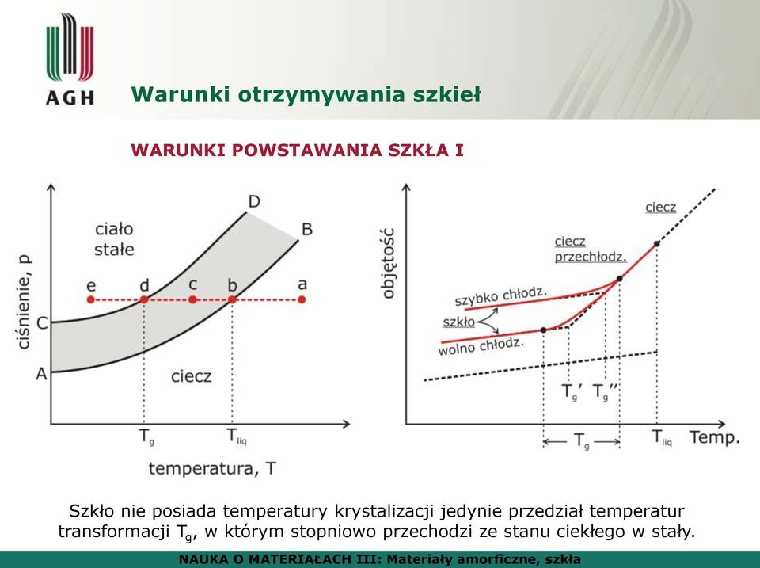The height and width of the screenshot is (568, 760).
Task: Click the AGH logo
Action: pyautogui.click(x=70, y=59)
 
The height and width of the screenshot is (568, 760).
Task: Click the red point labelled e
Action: pyautogui.click(x=90, y=299)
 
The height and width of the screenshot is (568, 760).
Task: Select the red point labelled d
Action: pyautogui.click(x=144, y=299)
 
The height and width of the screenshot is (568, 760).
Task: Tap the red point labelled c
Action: pyautogui.click(x=193, y=299)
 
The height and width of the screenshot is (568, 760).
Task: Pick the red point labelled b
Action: pyautogui.click(x=232, y=299)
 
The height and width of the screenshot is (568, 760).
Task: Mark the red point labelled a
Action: pyautogui.click(x=302, y=299)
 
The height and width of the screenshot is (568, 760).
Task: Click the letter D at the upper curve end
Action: pyautogui.click(x=254, y=201)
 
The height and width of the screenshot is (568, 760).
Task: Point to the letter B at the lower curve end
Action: pyautogui.click(x=307, y=229)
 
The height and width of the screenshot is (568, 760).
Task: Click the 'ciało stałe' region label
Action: pyautogui.click(x=114, y=239)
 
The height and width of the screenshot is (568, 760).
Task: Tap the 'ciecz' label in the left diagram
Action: pyautogui.click(x=192, y=376)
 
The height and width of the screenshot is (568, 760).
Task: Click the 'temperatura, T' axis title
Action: pyautogui.click(x=212, y=468)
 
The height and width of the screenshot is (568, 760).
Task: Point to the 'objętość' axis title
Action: pyautogui.click(x=389, y=263)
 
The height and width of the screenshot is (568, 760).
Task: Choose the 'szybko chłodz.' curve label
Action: pyautogui.click(x=500, y=296)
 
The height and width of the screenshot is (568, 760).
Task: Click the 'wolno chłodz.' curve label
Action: pyautogui.click(x=481, y=346)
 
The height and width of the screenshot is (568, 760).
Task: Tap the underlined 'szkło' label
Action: pyautogui.click(x=459, y=322)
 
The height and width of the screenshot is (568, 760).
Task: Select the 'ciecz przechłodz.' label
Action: pyautogui.click(x=591, y=250)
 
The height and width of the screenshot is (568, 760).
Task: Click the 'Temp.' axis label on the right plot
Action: pyautogui.click(x=715, y=437)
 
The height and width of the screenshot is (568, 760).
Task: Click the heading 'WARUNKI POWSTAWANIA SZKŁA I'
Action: pyautogui.click(x=297, y=151)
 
